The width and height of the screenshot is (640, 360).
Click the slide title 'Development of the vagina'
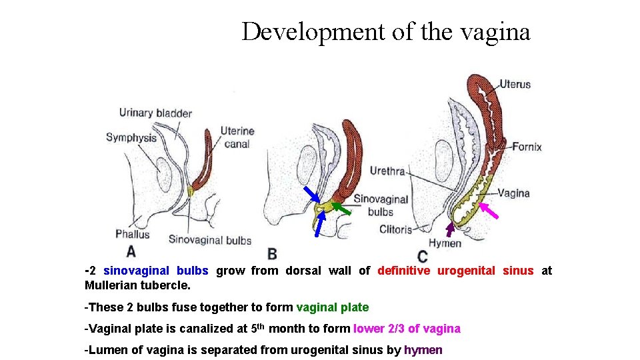[385, 31]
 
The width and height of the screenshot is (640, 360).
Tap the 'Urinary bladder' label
[155, 113]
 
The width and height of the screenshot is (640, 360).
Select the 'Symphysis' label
[131, 138]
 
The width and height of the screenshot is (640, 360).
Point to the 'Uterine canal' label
[237, 137]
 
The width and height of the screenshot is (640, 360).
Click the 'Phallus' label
[132, 234]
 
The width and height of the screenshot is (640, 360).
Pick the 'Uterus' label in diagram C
[515, 84]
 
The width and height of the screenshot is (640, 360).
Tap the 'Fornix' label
[527, 147]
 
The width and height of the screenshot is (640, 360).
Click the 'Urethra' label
[387, 171]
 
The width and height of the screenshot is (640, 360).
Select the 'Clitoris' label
[395, 230]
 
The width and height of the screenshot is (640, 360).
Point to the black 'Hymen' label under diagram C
[445, 243]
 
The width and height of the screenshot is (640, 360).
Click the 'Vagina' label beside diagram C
[513, 193]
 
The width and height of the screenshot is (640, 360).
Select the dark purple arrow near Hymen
[451, 229]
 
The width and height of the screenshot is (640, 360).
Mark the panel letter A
[131, 251]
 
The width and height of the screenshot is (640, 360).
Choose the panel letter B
[272, 254]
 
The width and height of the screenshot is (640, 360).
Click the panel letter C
[422, 256]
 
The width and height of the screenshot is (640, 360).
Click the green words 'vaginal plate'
[332, 307]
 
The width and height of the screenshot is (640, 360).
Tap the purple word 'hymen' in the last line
[423, 350]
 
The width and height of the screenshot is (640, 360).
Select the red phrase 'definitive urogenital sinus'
[455, 271]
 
